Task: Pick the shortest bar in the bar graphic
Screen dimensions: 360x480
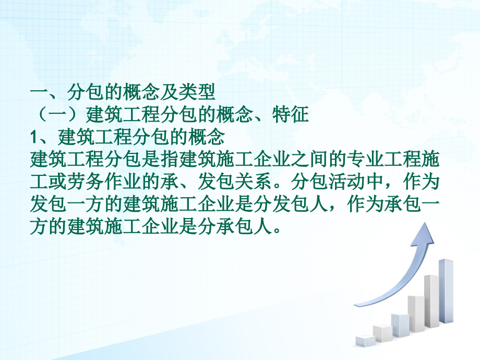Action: click(x=366, y=341)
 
